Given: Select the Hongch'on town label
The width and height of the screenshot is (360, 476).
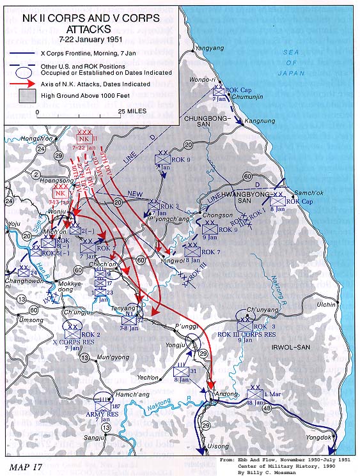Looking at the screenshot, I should click(x=35, y=138).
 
